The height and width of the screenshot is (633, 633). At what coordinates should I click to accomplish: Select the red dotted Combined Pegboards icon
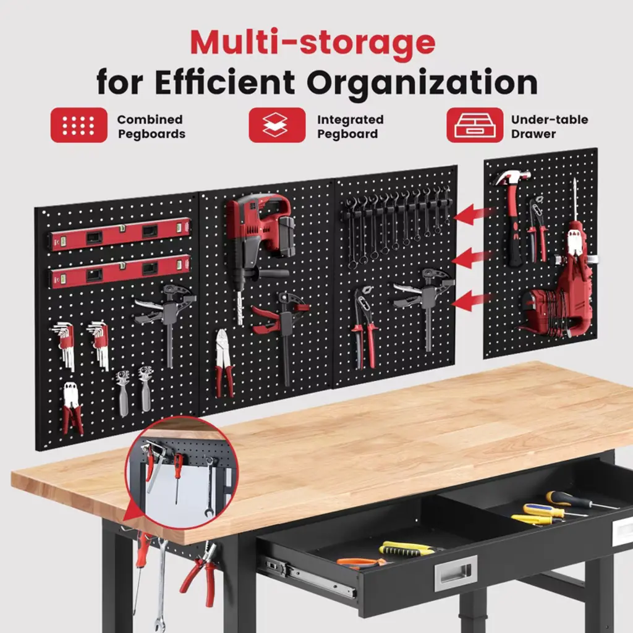(79, 125)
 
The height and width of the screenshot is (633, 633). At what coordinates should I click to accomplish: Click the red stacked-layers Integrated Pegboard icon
(277, 125)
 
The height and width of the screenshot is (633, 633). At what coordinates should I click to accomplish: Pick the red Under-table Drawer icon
(475, 125)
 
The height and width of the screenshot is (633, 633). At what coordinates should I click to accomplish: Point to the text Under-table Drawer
(550, 127)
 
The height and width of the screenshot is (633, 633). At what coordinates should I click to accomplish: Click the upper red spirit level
(121, 234)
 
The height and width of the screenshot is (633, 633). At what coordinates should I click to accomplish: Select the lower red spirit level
(121, 271)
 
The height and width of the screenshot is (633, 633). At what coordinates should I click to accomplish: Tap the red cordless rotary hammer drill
(258, 242)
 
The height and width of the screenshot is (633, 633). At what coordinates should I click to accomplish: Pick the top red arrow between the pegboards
(473, 214)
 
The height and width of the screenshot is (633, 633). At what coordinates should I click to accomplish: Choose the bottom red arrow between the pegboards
(472, 301)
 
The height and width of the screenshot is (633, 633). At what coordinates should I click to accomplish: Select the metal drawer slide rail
(310, 577)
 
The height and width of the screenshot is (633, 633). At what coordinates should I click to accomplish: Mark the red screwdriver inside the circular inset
(177, 477)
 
